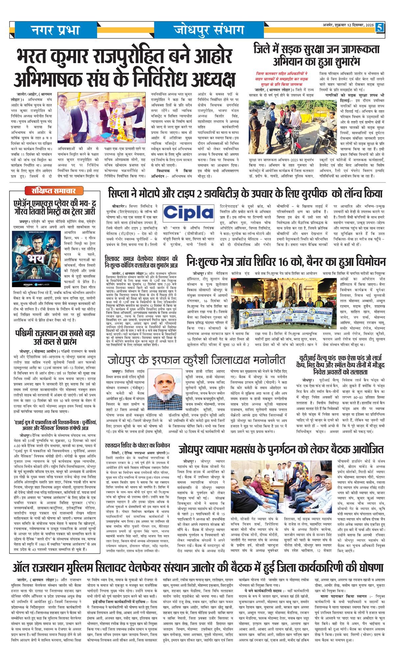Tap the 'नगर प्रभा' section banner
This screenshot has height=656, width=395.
[55, 30]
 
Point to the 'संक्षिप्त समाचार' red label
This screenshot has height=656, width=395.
[54, 190]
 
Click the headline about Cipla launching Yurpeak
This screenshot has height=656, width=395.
[245, 193]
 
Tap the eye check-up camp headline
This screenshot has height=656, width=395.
[285, 261]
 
